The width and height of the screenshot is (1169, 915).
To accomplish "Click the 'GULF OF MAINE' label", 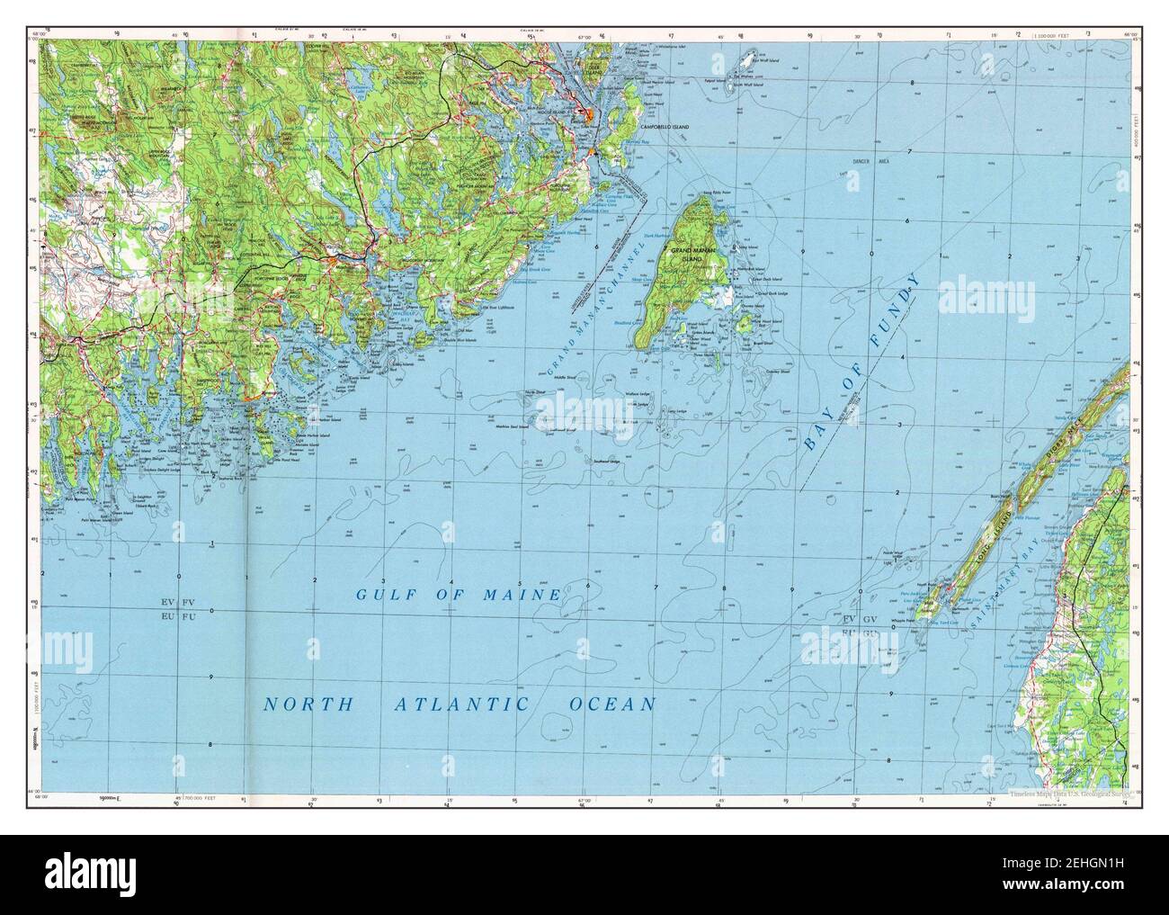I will pyautogui.click(x=459, y=595).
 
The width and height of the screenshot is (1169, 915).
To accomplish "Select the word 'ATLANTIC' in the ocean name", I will pyautogui.click(x=460, y=704).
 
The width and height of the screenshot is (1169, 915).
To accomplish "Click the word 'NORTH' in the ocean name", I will pyautogui.click(x=308, y=704).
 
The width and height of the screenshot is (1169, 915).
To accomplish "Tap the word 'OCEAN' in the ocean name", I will pyautogui.click(x=613, y=704).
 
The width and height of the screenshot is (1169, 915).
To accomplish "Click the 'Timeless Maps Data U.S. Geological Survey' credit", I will pyautogui.click(x=1066, y=794).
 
